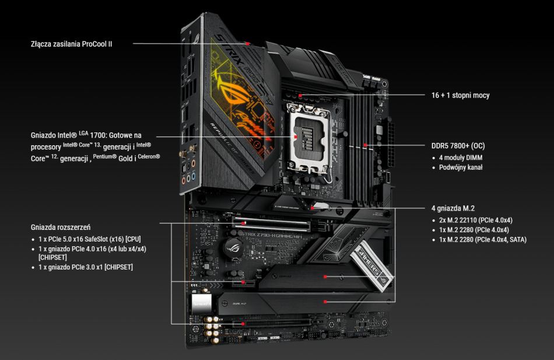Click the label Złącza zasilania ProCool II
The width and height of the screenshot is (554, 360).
[71, 44]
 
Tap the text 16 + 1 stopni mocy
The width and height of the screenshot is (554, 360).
[460, 95]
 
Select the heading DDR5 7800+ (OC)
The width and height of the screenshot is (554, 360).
[458, 146]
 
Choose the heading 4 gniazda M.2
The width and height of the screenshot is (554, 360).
[453, 208]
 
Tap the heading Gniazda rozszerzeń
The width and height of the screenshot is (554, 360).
[61, 227]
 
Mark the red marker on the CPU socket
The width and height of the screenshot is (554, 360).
[295, 137]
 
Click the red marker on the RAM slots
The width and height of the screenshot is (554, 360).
[364, 145]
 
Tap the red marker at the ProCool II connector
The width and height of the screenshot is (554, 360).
[248, 44]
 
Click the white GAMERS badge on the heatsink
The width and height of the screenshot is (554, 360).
[371, 264]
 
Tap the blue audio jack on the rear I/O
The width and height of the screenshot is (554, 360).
[193, 176]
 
